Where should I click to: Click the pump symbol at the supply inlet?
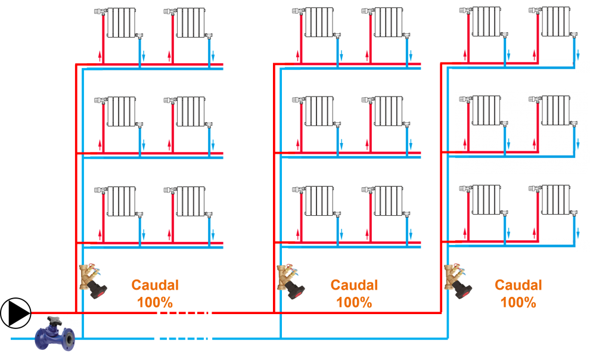click(x=15, y=313)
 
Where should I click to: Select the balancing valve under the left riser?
click(x=94, y=280)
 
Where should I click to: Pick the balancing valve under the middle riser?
click(x=291, y=281)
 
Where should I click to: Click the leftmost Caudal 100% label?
click(x=155, y=293)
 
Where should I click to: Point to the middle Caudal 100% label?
click(x=354, y=293)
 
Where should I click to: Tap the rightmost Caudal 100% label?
click(x=518, y=293)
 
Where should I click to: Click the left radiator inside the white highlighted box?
click(x=486, y=110)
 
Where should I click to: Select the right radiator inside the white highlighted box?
click(x=555, y=110)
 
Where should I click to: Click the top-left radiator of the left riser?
click(x=122, y=23)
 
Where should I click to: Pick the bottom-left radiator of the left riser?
click(x=122, y=201)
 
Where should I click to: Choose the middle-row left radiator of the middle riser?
click(x=319, y=111)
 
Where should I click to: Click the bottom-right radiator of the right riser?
click(x=555, y=200)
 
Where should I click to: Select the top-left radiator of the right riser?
click(x=486, y=21)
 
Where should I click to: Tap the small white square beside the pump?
click(x=72, y=321)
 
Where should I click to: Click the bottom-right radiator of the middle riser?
click(x=389, y=201)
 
